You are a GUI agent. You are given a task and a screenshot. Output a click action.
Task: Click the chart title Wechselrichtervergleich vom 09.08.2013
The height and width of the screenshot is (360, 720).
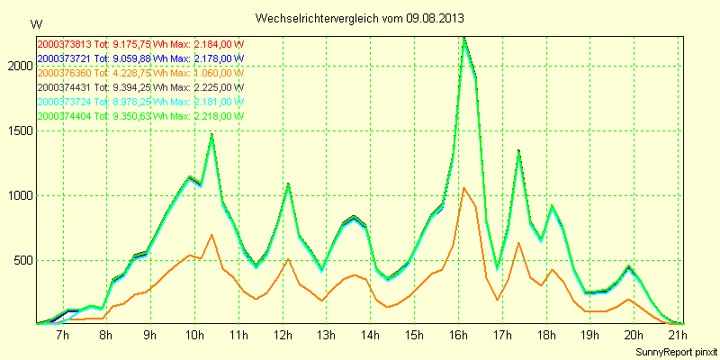(x=360, y=18)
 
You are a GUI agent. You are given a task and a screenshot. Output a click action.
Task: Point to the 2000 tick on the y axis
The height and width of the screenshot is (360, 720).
(x=18, y=66)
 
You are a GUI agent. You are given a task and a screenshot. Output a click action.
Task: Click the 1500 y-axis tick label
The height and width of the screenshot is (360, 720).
(x=18, y=130)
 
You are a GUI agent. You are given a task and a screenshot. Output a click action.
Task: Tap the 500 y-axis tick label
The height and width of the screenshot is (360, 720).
(x=22, y=261)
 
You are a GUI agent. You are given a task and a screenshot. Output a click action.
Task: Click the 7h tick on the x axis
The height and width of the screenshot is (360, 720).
(x=62, y=336)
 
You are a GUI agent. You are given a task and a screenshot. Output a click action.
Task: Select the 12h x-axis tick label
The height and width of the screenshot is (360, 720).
(x=282, y=336)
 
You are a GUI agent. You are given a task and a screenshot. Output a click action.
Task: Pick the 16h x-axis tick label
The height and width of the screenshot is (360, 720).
(x=457, y=336)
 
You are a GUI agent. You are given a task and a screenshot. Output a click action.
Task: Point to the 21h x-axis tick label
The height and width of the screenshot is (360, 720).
(x=677, y=336)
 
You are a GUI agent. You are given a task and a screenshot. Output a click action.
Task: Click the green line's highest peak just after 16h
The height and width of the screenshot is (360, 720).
(x=464, y=38)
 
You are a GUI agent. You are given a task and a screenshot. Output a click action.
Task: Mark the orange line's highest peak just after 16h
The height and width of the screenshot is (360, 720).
(x=464, y=187)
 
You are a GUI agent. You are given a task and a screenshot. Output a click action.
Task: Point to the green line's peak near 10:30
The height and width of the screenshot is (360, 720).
(x=211, y=135)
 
